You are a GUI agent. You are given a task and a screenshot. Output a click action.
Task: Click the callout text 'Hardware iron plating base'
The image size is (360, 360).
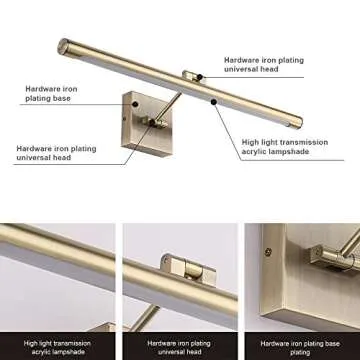pyautogui.click(x=52, y=93)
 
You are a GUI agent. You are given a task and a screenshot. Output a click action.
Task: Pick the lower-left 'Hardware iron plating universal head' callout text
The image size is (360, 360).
pyautogui.click(x=55, y=153)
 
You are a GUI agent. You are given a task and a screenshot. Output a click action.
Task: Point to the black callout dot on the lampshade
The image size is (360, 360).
pyautogui.click(x=213, y=102)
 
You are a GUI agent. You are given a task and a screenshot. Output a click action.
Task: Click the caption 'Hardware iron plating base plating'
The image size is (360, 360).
pyautogui.click(x=300, y=347)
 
